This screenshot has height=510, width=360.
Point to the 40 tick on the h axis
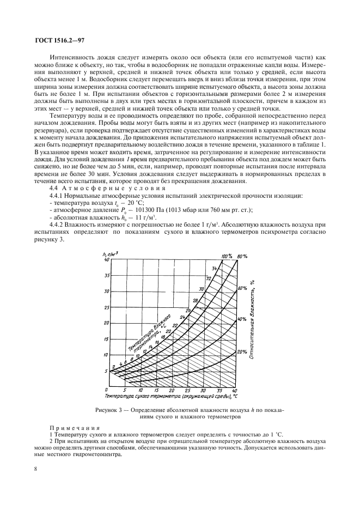(x=106, y=260)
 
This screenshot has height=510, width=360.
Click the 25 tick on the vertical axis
(x=106, y=307)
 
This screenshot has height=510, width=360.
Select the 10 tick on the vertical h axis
(x=106, y=355)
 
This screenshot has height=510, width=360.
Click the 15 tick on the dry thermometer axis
(x=157, y=391)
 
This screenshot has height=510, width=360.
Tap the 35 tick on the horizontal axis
(x=219, y=391)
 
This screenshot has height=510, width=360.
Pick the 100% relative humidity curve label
(x=227, y=256)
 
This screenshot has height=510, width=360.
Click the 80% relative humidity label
(x=242, y=256)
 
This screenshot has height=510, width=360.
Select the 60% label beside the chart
(x=243, y=287)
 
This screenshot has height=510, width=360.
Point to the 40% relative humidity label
(x=243, y=319)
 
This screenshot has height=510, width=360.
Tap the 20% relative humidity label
(x=243, y=352)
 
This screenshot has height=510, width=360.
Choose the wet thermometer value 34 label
(x=214, y=268)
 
